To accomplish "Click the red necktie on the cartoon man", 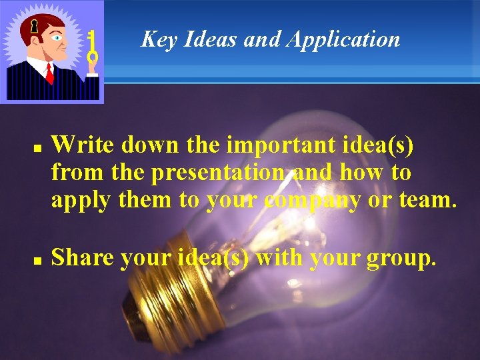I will [x=49, y=72].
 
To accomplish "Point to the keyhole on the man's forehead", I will [x=33, y=27].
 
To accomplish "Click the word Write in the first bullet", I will [x=79, y=144].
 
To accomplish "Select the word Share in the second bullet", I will [x=82, y=258].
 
